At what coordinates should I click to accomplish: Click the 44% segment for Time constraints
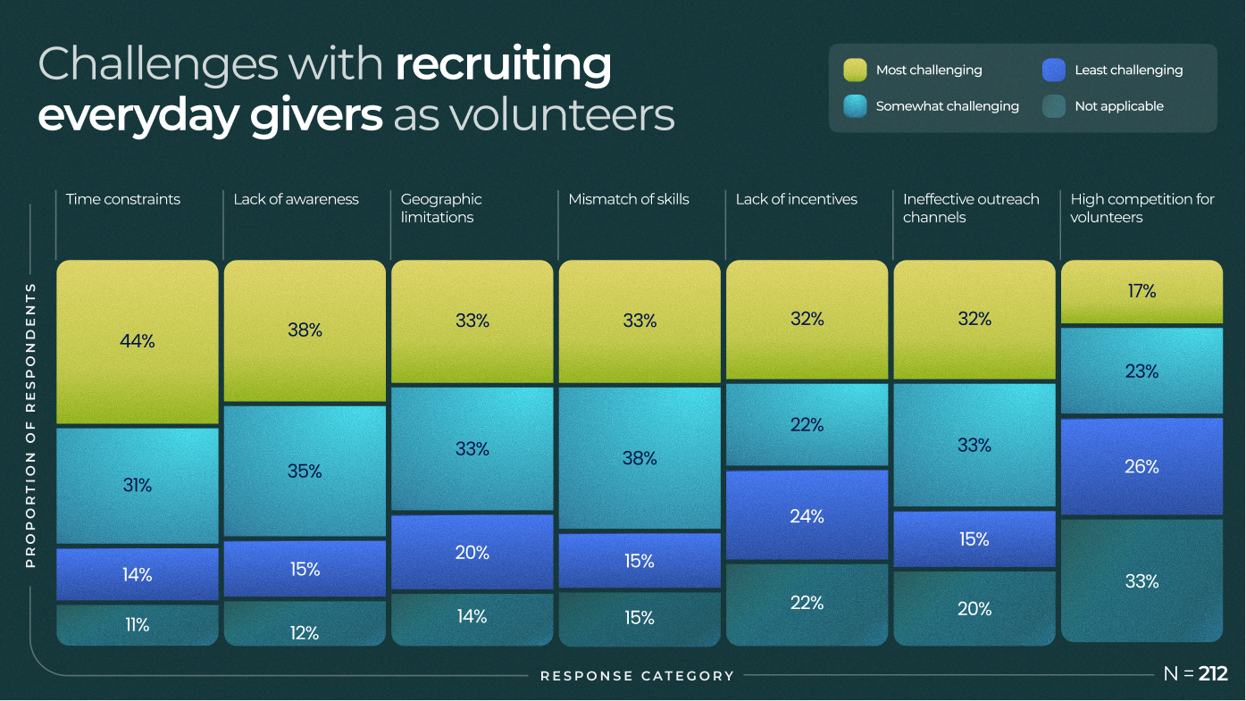137,341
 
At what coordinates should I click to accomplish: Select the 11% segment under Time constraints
137,624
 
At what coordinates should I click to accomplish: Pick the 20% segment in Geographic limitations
472,553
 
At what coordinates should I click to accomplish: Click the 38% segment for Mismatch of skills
640,458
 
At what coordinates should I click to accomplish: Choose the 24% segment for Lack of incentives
807,515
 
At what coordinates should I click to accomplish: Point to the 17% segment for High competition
1141,291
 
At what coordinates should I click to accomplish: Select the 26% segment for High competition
1141,466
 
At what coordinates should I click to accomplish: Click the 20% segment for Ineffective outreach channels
974,608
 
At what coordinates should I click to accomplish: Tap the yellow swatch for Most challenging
855,70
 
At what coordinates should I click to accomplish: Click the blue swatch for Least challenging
1054,70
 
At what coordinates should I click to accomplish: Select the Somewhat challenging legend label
947,106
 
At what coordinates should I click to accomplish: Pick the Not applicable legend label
1119,106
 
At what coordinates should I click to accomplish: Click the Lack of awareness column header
296,199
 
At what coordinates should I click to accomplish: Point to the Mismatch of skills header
629,199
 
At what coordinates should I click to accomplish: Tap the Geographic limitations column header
441,208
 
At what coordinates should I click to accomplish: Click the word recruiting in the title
503,65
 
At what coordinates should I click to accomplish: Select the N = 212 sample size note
1195,674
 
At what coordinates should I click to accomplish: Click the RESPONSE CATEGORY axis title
637,676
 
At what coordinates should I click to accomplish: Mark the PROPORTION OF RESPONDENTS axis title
30,425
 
